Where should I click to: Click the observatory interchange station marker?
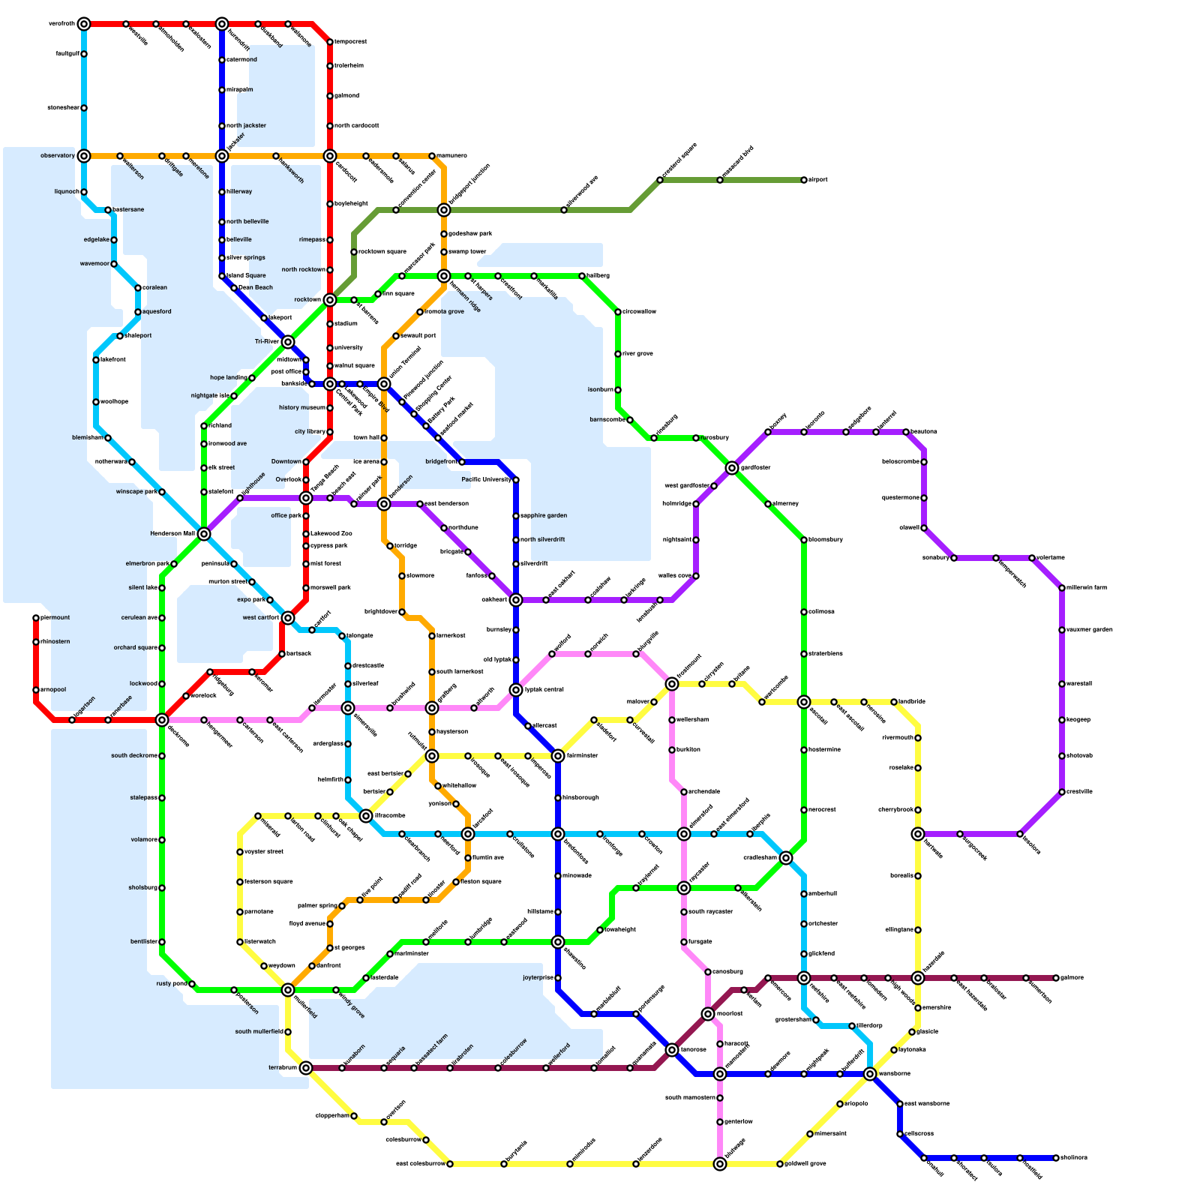[84, 156]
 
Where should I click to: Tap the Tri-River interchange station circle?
[288, 342]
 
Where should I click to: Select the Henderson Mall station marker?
[204, 534]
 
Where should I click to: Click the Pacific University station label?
[486, 480]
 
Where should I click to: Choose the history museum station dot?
[330, 408]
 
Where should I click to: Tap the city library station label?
[310, 432]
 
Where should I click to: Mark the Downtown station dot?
[306, 462]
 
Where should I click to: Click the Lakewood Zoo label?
[331, 534]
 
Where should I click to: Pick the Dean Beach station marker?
[234, 288]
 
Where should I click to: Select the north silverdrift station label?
[543, 540]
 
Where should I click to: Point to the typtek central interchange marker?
[516, 690]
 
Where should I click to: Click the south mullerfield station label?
[259, 1032]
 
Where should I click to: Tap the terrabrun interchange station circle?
[306, 1068]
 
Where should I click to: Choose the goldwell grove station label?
[805, 1164]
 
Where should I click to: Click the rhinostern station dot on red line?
[36, 642]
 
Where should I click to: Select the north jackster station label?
[246, 126]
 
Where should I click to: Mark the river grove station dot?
[618, 354]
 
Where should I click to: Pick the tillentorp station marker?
[852, 1026]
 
